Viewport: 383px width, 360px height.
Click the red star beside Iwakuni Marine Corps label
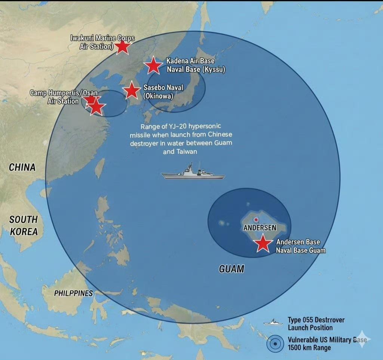[x=122, y=47]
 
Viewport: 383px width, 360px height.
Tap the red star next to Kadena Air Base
[x=153, y=65]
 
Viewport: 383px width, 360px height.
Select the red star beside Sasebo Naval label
[x=131, y=91]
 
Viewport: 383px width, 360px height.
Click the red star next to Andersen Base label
[x=263, y=243]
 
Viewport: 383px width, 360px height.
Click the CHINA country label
[x=22, y=167]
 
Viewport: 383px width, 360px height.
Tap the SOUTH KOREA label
[x=24, y=225]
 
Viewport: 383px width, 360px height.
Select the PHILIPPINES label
[x=73, y=293]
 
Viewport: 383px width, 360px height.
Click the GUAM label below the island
[x=231, y=269]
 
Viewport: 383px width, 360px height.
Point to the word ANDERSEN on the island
[x=260, y=228]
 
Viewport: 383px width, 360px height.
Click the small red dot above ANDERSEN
[x=256, y=220]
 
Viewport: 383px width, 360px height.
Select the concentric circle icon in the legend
[x=275, y=344]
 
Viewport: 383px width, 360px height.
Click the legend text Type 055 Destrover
[x=316, y=320]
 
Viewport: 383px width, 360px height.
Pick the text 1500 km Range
[x=309, y=347]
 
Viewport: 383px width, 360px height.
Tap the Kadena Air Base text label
[x=191, y=61]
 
